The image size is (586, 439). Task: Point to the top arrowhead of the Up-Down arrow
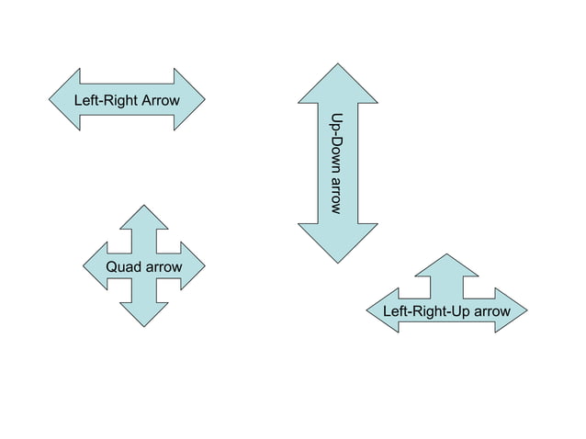click(x=338, y=83)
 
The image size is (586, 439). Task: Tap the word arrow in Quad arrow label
click(x=163, y=266)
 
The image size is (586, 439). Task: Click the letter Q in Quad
click(x=111, y=266)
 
